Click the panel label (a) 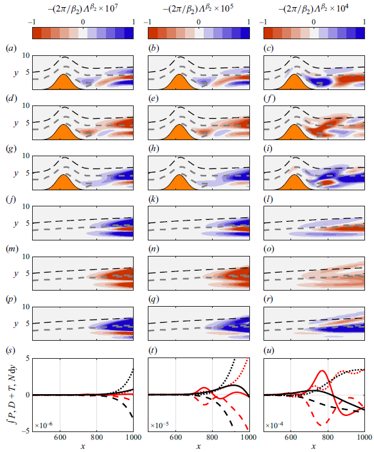[x=10, y=49]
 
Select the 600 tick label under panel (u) [x=292, y=437]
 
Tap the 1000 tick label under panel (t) [x=248, y=437]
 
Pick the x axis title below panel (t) [x=199, y=446]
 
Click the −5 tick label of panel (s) [x=24, y=431]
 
